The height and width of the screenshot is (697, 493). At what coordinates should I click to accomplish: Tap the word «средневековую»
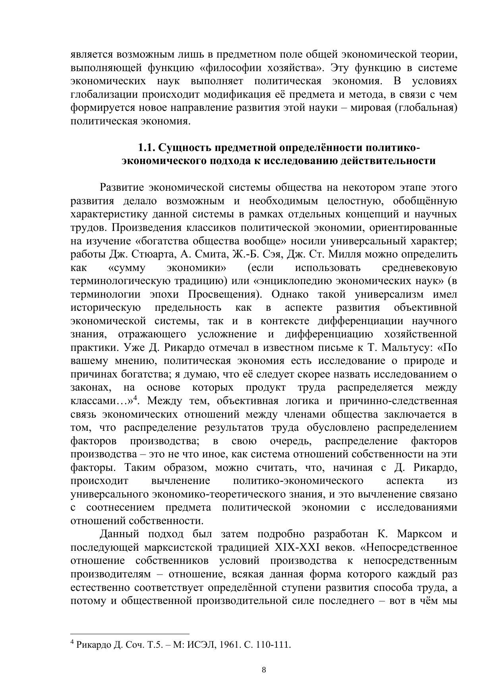(x=420, y=267)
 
